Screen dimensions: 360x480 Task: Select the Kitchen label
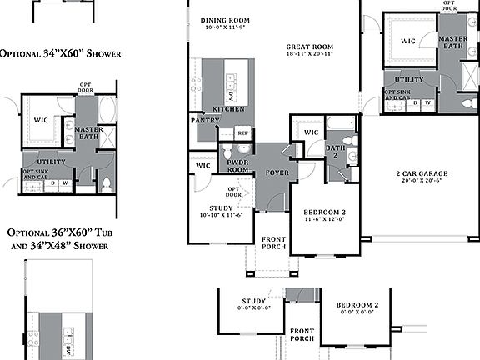pyautogui.click(x=228, y=109)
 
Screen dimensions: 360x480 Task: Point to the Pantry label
pyautogui.click(x=204, y=120)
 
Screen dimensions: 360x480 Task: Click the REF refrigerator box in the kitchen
pyautogui.click(x=242, y=132)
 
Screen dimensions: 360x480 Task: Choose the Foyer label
pyautogui.click(x=277, y=173)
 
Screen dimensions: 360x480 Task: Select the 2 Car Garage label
pyautogui.click(x=422, y=174)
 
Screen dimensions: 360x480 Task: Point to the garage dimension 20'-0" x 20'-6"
pyautogui.click(x=422, y=181)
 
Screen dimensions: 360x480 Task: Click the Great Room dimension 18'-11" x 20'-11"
pyautogui.click(x=309, y=53)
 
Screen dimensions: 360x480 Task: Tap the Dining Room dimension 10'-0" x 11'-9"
pyautogui.click(x=224, y=27)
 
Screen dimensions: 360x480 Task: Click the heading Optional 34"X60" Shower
pyautogui.click(x=60, y=53)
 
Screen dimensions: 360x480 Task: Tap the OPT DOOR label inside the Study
pyautogui.click(x=235, y=192)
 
